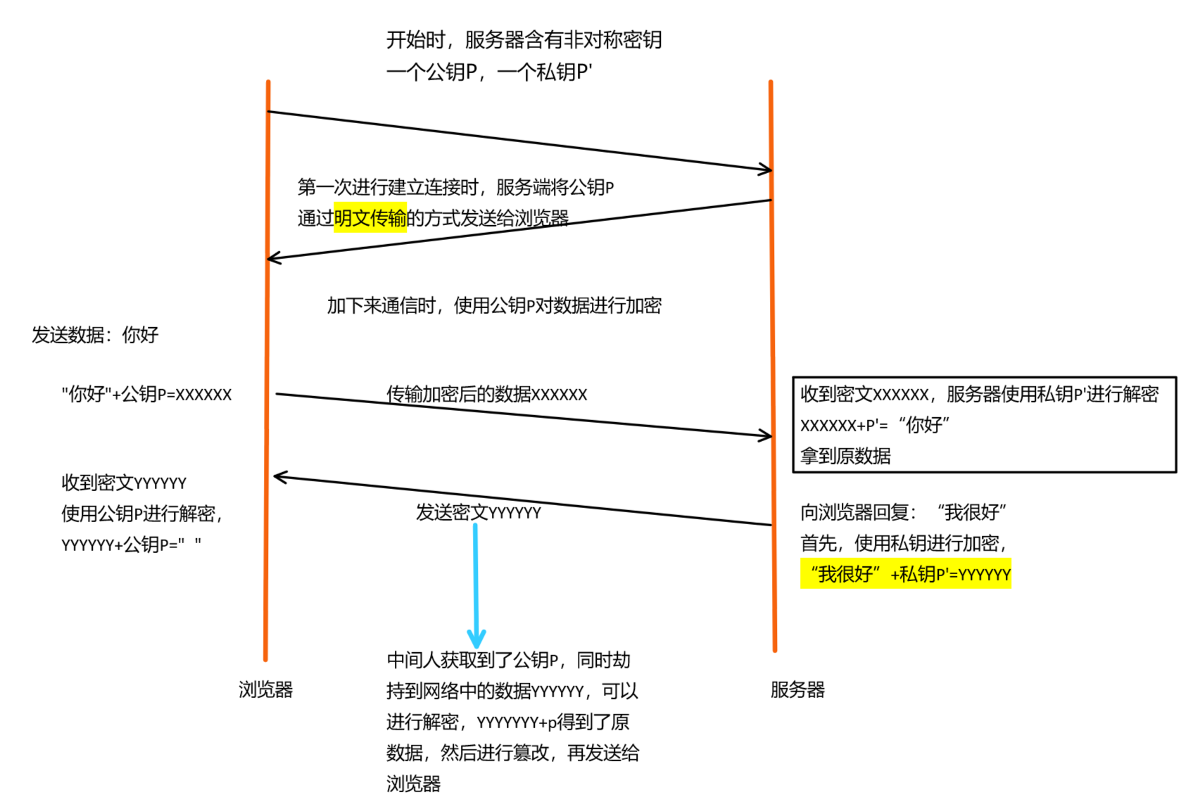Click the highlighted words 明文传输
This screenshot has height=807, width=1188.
[370, 218]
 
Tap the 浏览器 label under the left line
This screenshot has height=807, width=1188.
[265, 690]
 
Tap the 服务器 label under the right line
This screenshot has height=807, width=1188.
[797, 690]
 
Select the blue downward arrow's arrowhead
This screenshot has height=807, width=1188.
[476, 639]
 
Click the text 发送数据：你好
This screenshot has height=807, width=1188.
[95, 335]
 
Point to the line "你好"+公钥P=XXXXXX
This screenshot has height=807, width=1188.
[146, 394]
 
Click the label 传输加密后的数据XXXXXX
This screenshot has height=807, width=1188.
[486, 394]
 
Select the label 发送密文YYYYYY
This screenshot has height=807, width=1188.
[478, 512]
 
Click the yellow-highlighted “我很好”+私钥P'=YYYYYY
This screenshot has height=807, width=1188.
[906, 574]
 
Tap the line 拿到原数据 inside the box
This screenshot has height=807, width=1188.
[845, 456]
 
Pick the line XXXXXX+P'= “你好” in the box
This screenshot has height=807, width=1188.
[875, 425]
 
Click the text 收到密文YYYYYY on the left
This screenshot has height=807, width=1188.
[124, 483]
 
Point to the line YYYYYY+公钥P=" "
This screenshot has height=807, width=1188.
[131, 545]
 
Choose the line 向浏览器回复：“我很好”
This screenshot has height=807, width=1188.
[903, 512]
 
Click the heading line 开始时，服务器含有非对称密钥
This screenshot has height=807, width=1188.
[524, 40]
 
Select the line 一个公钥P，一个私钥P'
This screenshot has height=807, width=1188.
[489, 72]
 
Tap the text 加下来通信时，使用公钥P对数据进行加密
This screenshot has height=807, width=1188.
[494, 305]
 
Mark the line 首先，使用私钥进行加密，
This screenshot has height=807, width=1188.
[904, 543]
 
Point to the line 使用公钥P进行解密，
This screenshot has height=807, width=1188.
[141, 514]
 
